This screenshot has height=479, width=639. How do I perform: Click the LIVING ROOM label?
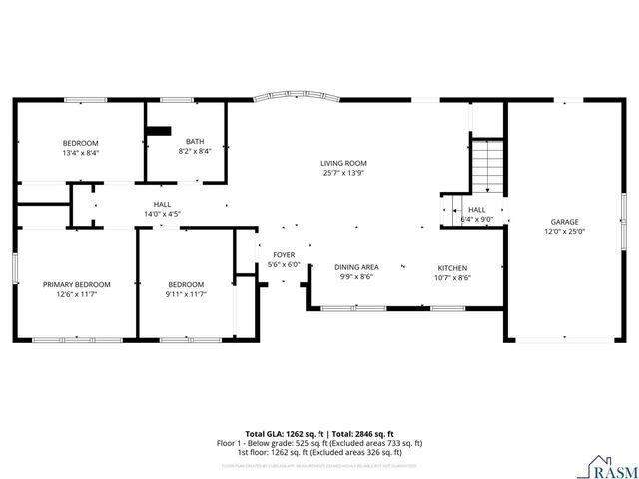(x=343, y=163)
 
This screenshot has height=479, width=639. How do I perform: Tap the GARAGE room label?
(x=564, y=222)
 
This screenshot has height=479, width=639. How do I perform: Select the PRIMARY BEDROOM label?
(x=76, y=284)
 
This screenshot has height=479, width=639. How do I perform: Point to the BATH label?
(x=195, y=142)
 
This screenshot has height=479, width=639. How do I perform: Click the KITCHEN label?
(x=452, y=267)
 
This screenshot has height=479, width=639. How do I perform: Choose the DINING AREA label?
(x=356, y=267)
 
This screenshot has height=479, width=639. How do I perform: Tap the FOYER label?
(x=284, y=255)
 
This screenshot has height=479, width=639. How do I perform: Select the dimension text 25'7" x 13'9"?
(x=343, y=173)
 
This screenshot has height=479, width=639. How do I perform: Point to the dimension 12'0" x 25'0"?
(x=564, y=232)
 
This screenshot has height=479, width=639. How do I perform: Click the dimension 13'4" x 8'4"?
(x=81, y=152)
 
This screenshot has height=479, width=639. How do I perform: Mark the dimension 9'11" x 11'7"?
(x=185, y=294)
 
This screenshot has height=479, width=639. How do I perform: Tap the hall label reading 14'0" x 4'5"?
(x=162, y=213)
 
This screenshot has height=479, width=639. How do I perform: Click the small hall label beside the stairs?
(x=477, y=210)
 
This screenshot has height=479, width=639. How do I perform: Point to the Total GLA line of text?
(x=319, y=432)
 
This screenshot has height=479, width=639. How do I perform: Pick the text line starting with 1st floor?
(x=319, y=451)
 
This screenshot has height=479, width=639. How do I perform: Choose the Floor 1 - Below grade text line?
(x=319, y=442)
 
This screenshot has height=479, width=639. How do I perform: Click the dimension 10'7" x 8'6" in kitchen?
(x=452, y=277)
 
